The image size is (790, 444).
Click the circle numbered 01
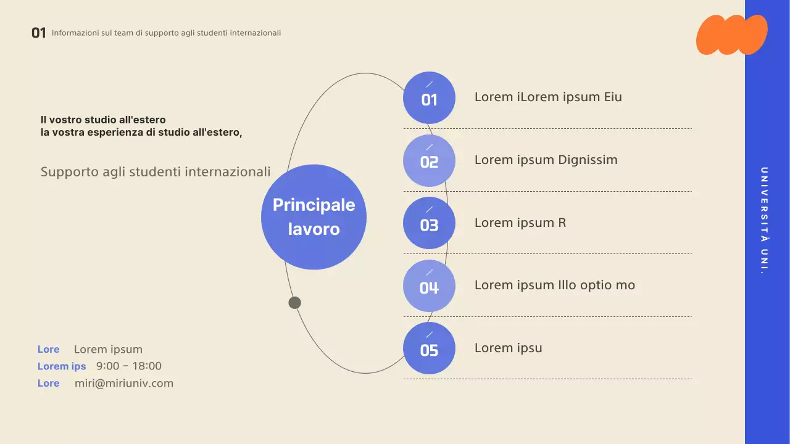[429, 98]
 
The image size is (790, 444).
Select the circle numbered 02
[429, 161]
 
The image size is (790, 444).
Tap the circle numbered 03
[429, 223]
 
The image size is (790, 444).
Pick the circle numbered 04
[429, 286]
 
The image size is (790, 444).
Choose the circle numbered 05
[429, 348]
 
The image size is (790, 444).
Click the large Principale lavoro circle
[314, 217]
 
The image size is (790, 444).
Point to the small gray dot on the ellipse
[295, 303]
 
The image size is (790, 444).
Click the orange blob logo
[731, 35]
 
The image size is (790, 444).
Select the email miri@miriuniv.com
[124, 384]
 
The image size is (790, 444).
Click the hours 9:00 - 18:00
[129, 366]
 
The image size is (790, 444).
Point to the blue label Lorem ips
[62, 366]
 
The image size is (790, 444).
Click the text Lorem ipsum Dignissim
[546, 160]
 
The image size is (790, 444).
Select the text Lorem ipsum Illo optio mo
[554, 286]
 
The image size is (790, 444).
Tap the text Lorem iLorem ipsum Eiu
[548, 97]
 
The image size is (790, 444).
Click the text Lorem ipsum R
[520, 223]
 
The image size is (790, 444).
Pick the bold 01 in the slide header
[39, 33]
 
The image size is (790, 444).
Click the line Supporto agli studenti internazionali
[156, 172]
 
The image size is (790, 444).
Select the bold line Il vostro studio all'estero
[103, 120]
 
